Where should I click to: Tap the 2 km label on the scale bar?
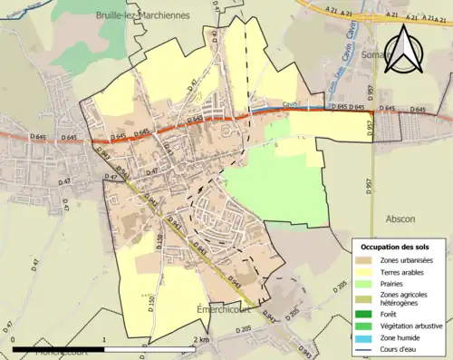click(201, 340)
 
